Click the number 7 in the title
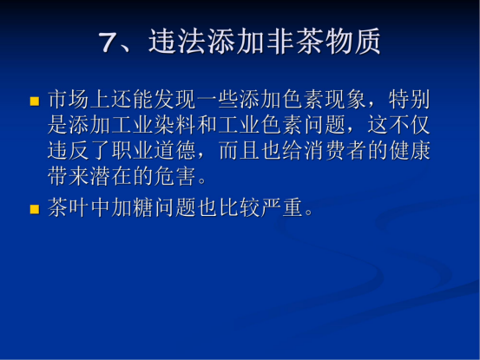tap(108, 42)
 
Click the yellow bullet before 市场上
tap(35, 101)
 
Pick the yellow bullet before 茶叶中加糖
tap(35, 210)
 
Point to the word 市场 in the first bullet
tap(69, 100)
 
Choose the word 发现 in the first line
tap(174, 100)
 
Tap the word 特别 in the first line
tap(410, 100)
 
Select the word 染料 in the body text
tap(174, 125)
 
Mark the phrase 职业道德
tap(154, 150)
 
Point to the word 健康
tap(410, 150)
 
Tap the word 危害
tap(174, 176)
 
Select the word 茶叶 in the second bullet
tap(69, 207)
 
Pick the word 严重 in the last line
tap(281, 207)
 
